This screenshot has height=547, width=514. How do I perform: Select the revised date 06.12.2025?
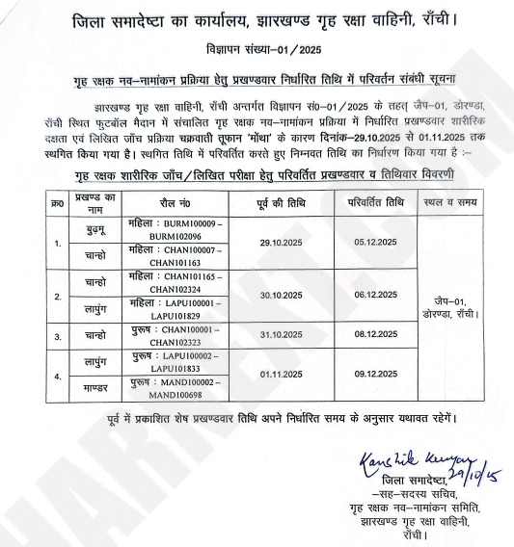pos(372,296)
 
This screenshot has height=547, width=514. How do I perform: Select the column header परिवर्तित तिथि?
pos(373,204)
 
